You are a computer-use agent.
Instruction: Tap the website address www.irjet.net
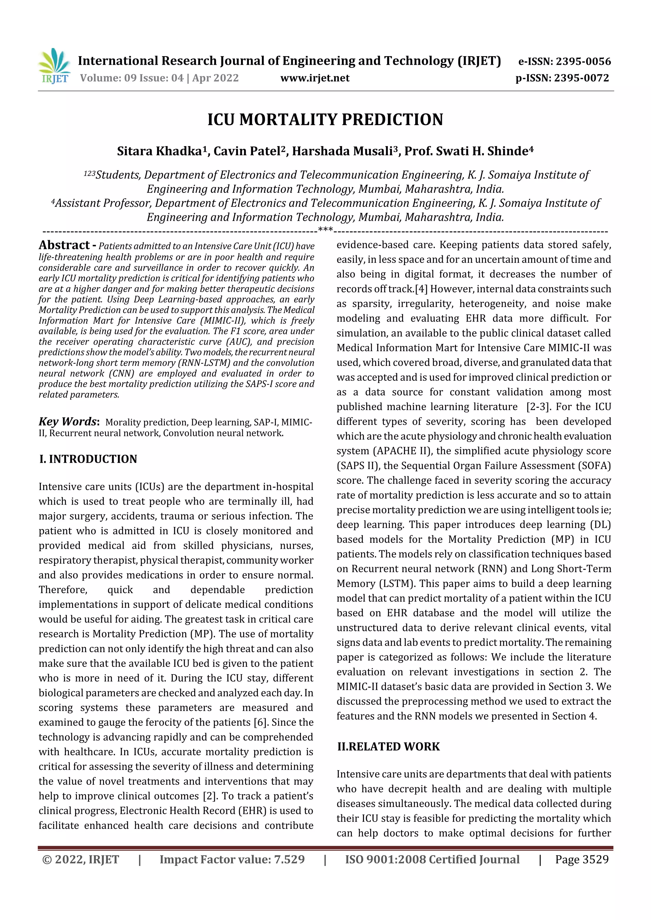point(315,78)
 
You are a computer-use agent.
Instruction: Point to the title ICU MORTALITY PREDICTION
point(325,120)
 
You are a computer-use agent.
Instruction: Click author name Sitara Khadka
point(160,151)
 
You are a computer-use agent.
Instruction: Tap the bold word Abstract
point(64,245)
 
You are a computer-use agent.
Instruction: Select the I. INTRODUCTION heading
point(88,459)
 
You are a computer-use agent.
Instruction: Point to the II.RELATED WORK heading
point(388,747)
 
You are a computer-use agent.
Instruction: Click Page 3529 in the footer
point(582,859)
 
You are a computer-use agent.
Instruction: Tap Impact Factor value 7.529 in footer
point(232,859)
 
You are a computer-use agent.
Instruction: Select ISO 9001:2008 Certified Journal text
point(432,859)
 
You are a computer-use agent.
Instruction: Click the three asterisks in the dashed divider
point(325,230)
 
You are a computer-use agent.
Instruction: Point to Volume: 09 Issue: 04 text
point(159,78)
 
